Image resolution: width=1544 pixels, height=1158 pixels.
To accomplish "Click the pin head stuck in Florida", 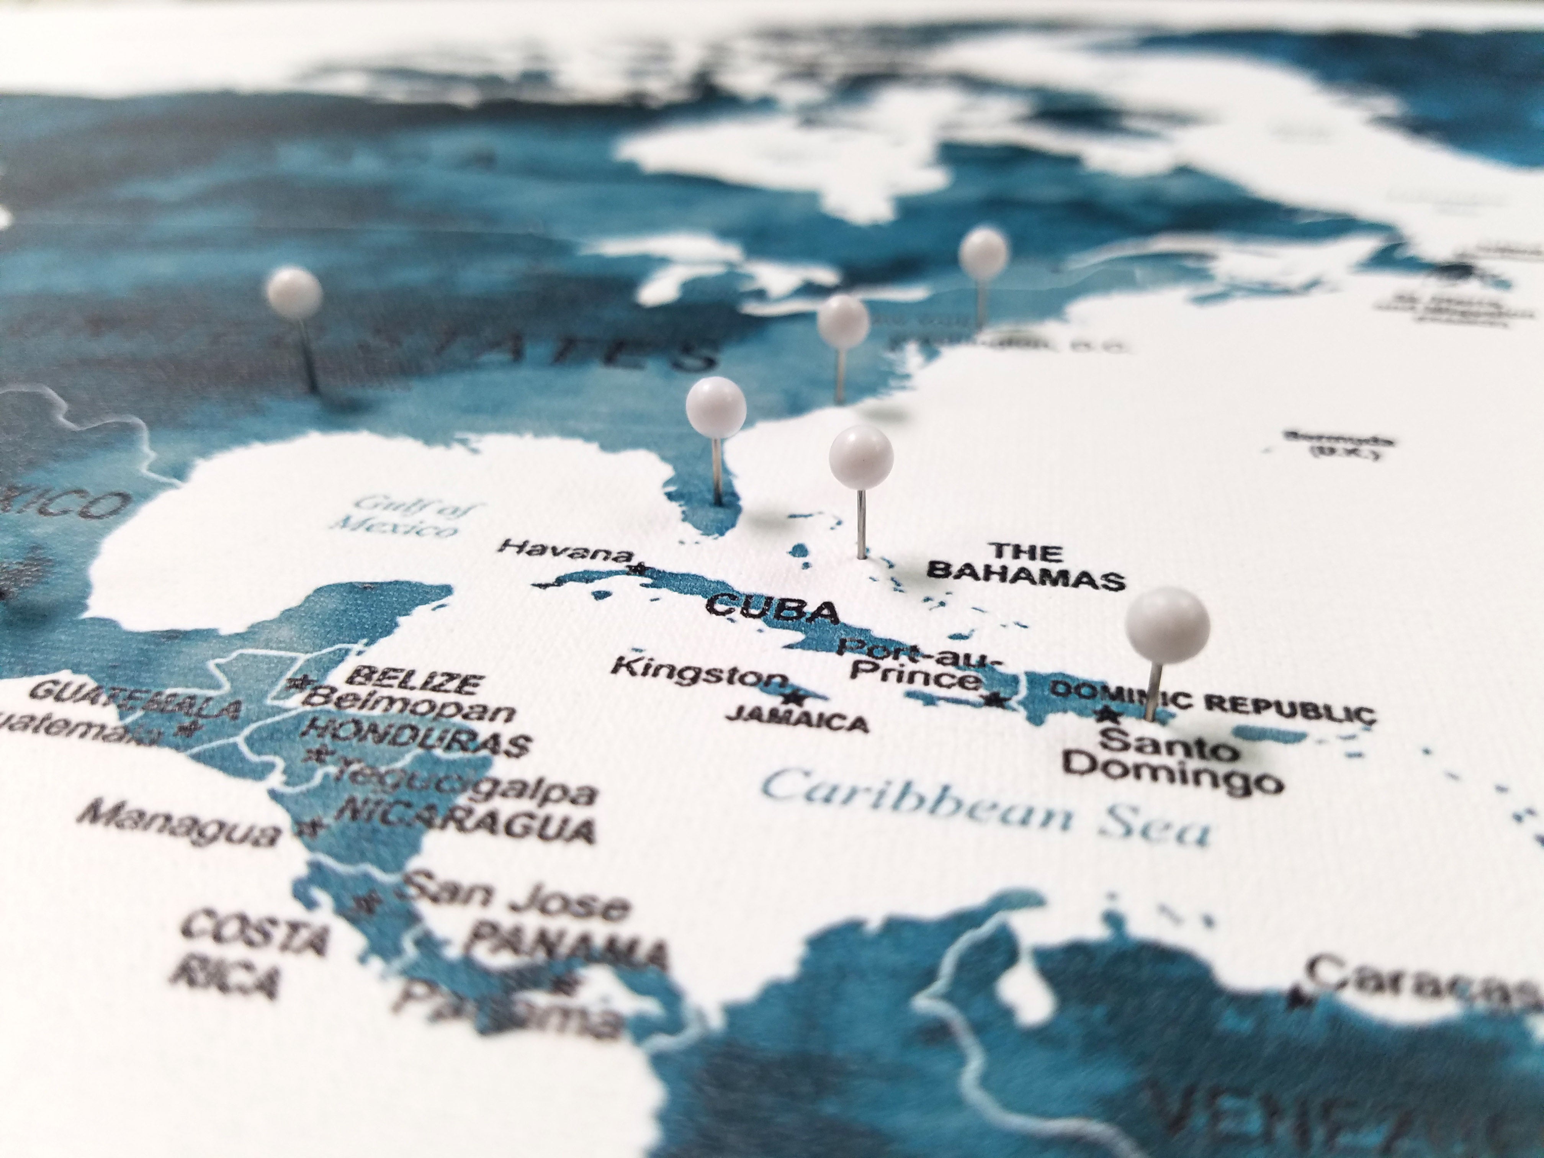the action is (715, 407).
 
